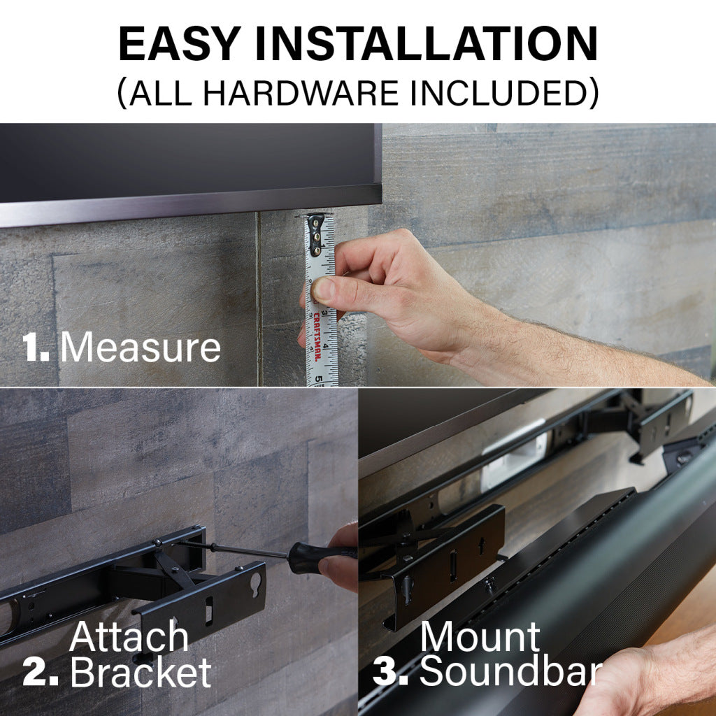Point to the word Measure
pyautogui.click(x=141, y=348)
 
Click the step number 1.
pyautogui.click(x=35, y=348)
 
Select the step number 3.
pyautogui.click(x=390, y=672)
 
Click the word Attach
pyautogui.click(x=129, y=637)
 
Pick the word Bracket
pyautogui.click(x=141, y=672)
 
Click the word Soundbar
pyautogui.click(x=510, y=672)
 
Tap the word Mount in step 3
pyautogui.click(x=480, y=637)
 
